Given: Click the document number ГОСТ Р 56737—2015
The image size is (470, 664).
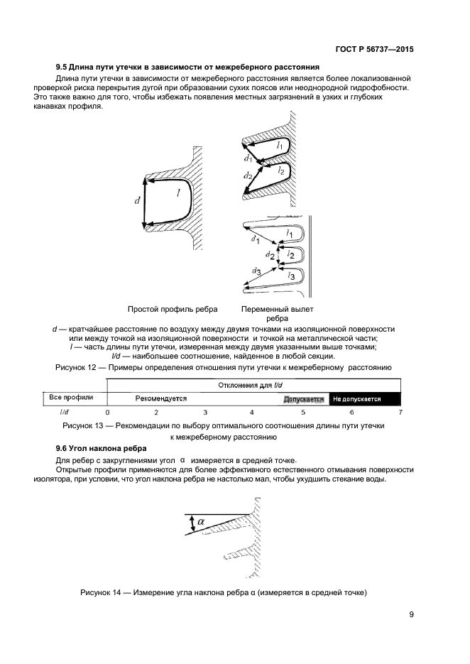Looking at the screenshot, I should [373, 50].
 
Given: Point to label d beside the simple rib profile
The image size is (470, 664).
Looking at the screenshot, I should [137, 201].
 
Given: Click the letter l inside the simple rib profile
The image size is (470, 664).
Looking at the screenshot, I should [177, 192].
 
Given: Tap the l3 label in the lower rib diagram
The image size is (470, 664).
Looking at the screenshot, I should [290, 275].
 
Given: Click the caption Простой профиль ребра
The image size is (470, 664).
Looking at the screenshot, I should [173, 310].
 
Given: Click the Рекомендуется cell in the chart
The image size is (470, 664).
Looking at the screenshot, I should [161, 398].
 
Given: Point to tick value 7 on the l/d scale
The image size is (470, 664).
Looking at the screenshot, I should [400, 412].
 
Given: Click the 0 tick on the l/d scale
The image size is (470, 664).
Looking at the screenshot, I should [107, 412].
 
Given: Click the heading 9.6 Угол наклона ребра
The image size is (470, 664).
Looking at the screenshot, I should [102, 449].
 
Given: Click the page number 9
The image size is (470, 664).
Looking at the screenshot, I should [411, 615].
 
